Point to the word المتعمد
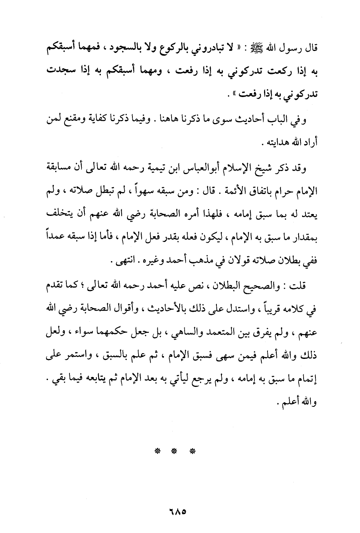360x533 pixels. pos(218,329)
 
